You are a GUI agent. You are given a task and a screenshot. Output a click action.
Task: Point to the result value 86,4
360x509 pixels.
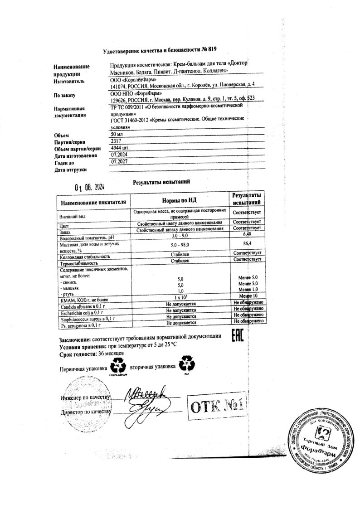pyautogui.click(x=247, y=246)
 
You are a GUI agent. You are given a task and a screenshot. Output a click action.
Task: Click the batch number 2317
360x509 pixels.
pyautogui.click(x=117, y=141)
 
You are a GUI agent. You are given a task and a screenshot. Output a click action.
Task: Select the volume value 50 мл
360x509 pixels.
pyautogui.click(x=117, y=135)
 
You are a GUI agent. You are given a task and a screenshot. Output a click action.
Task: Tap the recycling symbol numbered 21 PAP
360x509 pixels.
pyautogui.click(x=187, y=366)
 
